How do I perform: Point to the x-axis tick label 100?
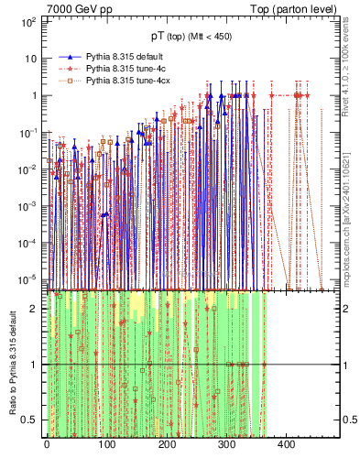coord(106,445)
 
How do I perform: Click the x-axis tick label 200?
coord(167,445)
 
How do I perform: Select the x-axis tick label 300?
coord(226,445)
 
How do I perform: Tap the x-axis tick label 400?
coord(287,445)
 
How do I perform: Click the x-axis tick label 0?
coord(47,445)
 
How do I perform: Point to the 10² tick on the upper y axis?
coord(27,20)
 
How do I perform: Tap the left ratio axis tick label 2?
coord(35,310)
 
